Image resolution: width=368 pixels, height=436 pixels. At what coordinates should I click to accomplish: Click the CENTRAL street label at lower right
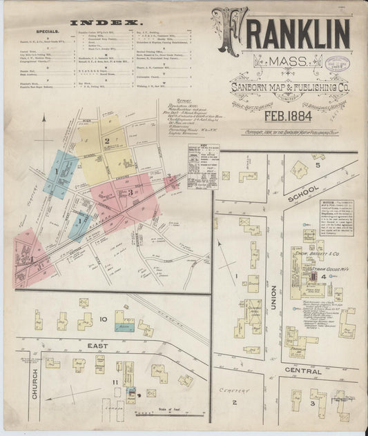click(x=302, y=372)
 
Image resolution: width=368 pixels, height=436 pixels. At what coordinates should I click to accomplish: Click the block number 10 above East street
click(x=102, y=319)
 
